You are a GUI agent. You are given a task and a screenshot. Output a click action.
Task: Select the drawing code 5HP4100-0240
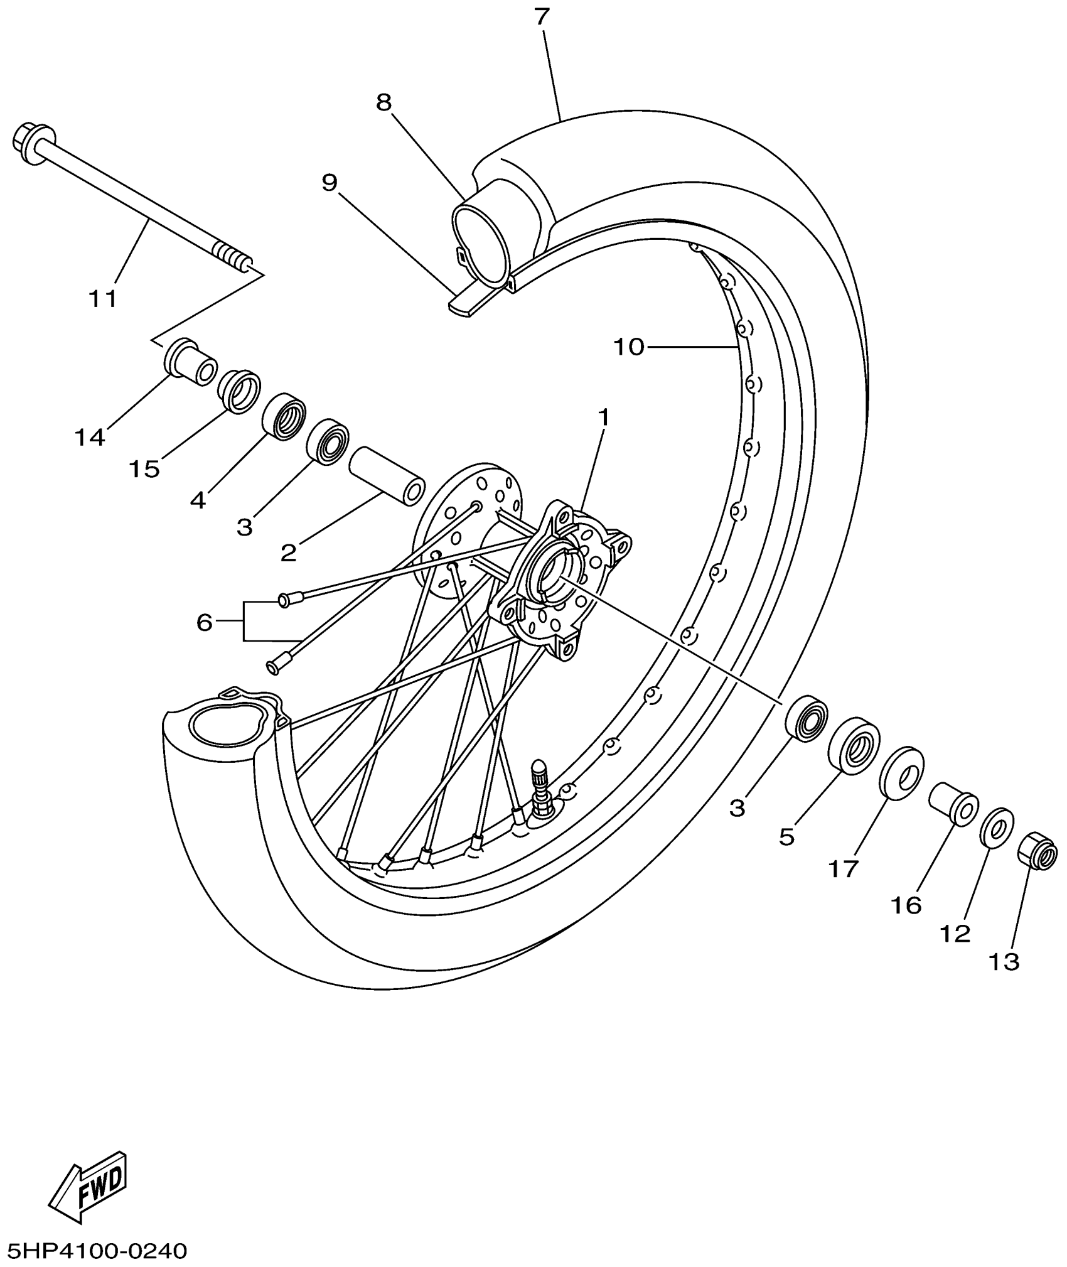coord(97,1250)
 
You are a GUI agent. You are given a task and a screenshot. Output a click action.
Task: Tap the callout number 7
coord(542,16)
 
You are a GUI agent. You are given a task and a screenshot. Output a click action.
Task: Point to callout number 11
coord(103,298)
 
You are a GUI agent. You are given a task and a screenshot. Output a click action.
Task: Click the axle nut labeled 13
coord(1036,851)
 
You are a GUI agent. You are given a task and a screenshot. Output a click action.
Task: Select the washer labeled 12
coord(996,828)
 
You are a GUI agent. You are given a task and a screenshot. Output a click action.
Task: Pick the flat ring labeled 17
coord(903,773)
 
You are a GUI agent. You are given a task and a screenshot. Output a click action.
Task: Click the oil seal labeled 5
coord(854,746)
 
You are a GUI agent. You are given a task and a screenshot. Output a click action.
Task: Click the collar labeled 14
coord(189,363)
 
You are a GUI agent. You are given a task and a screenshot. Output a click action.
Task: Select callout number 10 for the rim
coord(629,346)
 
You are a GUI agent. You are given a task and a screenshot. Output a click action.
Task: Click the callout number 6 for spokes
coord(205,622)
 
